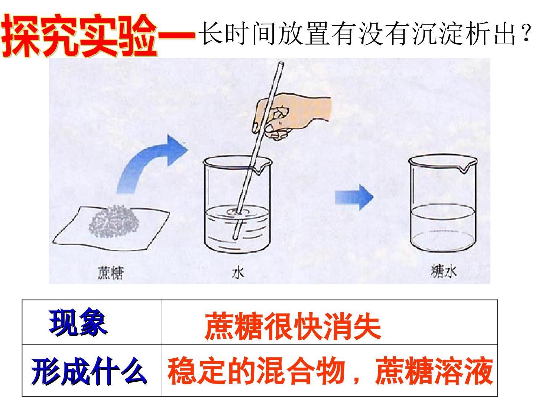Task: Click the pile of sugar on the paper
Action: point(114,221)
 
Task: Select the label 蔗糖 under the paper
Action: point(111,273)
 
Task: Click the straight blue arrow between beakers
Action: point(354,197)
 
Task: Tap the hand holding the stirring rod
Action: point(292,117)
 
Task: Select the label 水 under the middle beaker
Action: point(238,273)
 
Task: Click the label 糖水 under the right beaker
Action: point(443,271)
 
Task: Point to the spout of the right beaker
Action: point(465,168)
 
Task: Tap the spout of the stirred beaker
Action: point(260,169)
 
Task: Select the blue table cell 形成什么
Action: point(89,371)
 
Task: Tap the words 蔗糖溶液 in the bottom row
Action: point(434,371)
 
